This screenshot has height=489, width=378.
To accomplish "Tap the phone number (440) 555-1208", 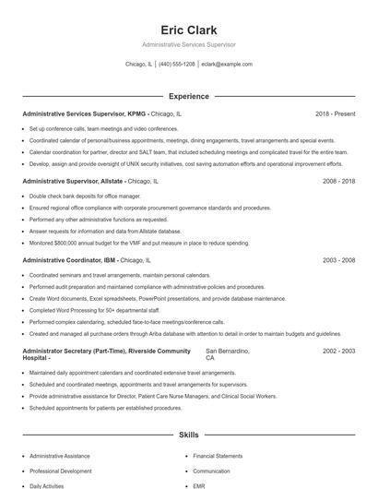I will click(x=177, y=65).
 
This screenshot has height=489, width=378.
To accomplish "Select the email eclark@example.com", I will click(x=227, y=65).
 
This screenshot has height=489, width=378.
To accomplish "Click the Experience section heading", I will click(x=188, y=96).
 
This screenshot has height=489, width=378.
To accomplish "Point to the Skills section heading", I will click(x=188, y=434).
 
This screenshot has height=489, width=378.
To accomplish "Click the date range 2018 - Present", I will click(x=335, y=113).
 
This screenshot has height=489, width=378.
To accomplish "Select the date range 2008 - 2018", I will click(x=338, y=182).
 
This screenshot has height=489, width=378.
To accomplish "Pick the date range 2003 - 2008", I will click(x=338, y=260).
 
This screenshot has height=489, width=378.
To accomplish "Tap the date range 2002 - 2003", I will click(x=338, y=352).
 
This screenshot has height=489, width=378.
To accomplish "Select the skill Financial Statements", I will click(x=218, y=456).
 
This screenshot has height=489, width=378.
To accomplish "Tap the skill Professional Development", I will click(x=61, y=471).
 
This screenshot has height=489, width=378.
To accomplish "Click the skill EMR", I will click(x=198, y=484).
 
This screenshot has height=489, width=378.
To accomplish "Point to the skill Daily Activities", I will click(x=48, y=484).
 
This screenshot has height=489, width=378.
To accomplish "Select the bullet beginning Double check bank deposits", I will click(x=84, y=197).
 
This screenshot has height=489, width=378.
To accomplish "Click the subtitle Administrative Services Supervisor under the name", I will click(x=188, y=44).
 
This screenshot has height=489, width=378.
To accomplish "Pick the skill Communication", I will click(x=211, y=471).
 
